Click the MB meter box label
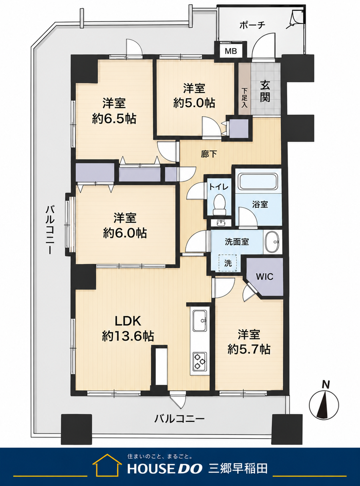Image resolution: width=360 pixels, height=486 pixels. point(231,51)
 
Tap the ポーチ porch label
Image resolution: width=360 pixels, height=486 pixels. point(252,25)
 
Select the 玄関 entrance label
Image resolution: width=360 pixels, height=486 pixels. point(265,91)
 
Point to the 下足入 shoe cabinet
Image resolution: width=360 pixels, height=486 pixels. point(245,89)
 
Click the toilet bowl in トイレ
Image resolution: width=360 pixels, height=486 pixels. point(220,204)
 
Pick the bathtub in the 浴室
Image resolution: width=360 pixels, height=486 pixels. point(258,182)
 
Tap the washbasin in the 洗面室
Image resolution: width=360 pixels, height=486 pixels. point(272,242)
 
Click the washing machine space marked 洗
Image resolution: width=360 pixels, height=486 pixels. point(228,263)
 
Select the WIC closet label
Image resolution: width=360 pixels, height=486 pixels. point(265,276)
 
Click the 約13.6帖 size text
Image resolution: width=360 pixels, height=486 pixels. point(128,336)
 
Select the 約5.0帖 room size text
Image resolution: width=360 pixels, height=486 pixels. point(194,103)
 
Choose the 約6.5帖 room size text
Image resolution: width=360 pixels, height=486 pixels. point(114,118)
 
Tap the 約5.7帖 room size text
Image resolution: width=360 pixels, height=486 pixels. point(249,349)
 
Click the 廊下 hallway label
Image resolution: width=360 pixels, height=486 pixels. point(209,154)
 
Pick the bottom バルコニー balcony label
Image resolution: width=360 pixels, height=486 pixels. point(180,419)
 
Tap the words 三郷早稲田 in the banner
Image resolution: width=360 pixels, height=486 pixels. point(238,468)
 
